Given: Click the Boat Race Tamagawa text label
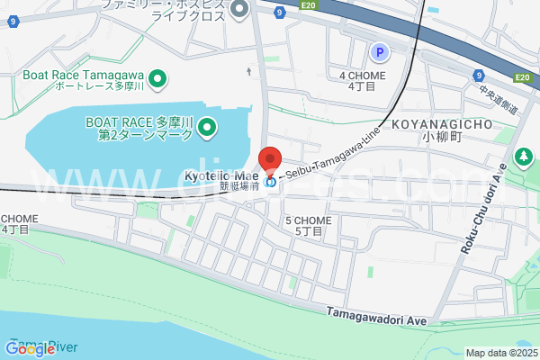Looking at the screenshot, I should point(85,75).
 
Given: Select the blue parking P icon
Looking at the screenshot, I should point(380,53).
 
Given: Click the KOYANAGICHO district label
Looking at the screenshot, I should point(441,124).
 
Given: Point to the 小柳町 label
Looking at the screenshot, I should point(441,139).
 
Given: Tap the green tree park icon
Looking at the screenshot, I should point(523,157).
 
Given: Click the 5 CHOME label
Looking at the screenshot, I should point(308,220).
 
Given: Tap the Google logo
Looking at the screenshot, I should point(31,348).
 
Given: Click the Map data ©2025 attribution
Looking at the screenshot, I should point(499,353).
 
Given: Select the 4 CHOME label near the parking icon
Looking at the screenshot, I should point(362,75).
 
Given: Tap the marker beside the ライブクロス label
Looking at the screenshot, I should point(239,10).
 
